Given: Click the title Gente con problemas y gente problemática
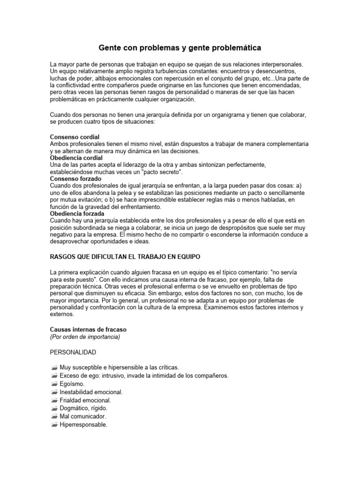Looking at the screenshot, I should point(180,48).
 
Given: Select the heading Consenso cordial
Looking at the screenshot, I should point(75,136).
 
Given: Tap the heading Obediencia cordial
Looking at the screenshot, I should point(76,158).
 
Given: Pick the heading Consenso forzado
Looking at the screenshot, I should point(75,179).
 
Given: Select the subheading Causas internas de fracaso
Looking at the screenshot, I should point(88,330).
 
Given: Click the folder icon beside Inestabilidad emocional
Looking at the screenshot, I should point(53,392).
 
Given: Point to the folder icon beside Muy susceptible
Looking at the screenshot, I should point(53,367).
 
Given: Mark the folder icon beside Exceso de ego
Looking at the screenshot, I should point(53,375).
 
